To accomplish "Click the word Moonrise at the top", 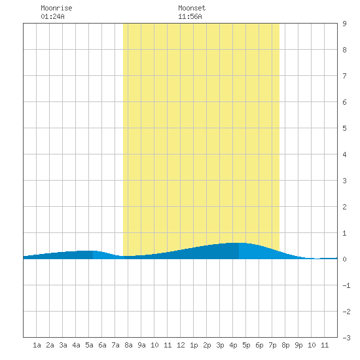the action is tap(56, 8).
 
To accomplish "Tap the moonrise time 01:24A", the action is tap(52, 16).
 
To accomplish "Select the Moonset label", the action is tap(192, 8).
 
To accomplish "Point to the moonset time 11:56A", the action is tap(190, 16).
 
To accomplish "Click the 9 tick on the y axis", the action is tap(344, 24).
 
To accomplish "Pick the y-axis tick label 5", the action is tap(344, 128).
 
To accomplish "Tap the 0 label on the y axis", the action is tap(344, 259).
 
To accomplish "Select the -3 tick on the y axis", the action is tap(346, 338).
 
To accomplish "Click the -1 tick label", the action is tap(346, 285).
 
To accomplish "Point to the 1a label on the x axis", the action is tap(37, 345).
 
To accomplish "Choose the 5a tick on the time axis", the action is tap(89, 345).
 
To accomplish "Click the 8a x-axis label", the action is tap(128, 345).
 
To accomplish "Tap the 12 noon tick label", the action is tap(181, 345).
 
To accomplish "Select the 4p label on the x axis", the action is tap(233, 345).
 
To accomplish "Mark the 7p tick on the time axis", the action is tap(272, 345).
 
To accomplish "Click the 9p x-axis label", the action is tap(298, 345).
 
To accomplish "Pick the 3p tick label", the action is tap(220, 345).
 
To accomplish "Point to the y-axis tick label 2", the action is tap(344, 207).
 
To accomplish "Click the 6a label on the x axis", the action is tap(102, 345).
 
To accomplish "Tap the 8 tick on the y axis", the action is tap(344, 50).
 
